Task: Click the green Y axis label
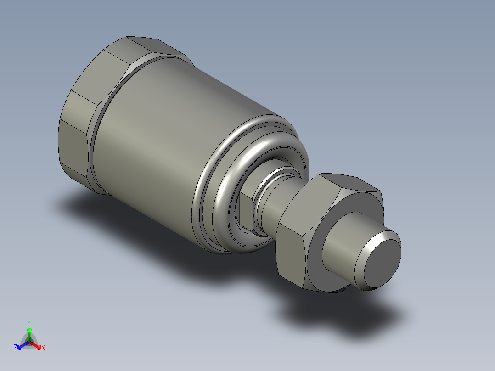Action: pos(29,323)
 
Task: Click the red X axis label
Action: pos(43,348)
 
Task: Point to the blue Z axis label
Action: pos(15,348)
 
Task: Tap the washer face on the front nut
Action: pos(317,266)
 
